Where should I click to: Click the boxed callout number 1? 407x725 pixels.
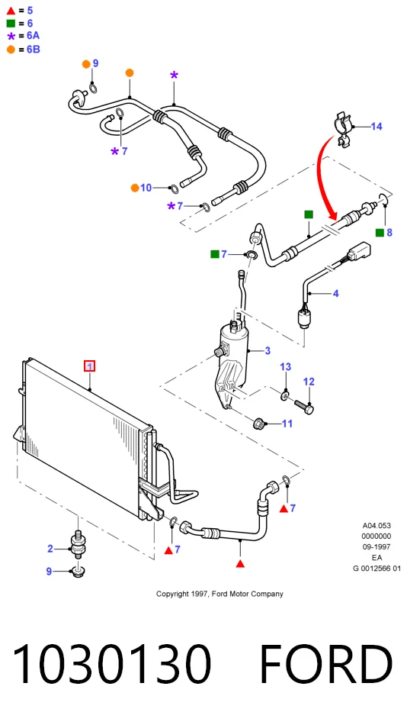[x=89, y=366]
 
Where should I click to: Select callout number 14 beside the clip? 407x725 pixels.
[x=377, y=126]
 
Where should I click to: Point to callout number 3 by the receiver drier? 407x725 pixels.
[x=268, y=351]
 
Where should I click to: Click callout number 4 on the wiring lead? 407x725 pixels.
[x=336, y=293]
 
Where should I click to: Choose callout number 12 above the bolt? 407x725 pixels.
[x=309, y=382]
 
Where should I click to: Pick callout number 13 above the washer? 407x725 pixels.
[x=286, y=367]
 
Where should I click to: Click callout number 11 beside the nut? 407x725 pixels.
[x=287, y=424]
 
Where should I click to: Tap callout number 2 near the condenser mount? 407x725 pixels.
[x=50, y=549]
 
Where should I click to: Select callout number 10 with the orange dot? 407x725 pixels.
[x=146, y=188]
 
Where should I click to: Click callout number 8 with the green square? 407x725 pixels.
[x=389, y=233]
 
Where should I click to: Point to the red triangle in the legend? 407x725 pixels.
[x=11, y=11]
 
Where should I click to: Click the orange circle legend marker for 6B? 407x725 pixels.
[x=11, y=50]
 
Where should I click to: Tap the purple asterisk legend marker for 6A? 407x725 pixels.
[x=11, y=37]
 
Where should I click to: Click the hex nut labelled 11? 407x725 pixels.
[x=259, y=423]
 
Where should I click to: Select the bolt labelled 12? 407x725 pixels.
[x=304, y=407]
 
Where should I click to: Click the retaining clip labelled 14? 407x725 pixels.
[x=343, y=130]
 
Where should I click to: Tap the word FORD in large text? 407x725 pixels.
[x=326, y=663]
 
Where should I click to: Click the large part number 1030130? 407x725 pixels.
[x=112, y=663]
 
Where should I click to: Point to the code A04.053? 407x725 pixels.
[x=377, y=526]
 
